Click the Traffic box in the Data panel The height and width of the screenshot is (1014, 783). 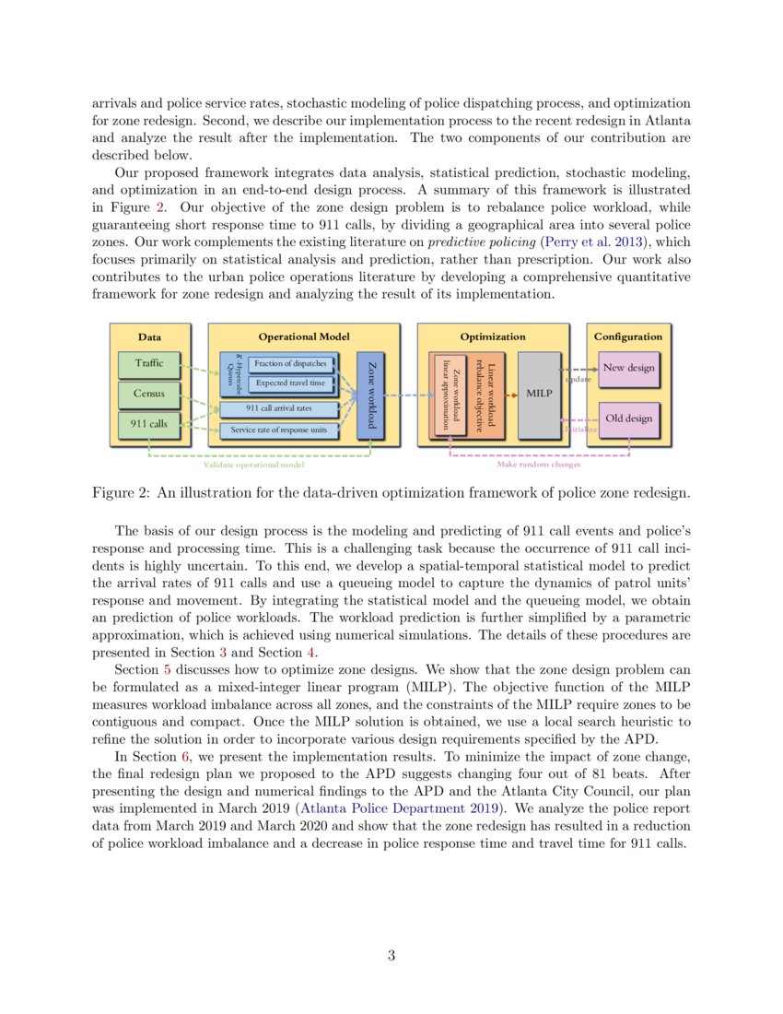point(149,363)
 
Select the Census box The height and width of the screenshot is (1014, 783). point(149,394)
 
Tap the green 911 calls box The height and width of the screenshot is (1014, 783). point(149,424)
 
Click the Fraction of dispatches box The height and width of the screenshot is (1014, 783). point(290,363)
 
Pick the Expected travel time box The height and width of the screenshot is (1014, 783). point(290,383)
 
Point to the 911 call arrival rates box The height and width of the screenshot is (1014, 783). point(278,408)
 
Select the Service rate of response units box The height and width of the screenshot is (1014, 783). point(278,430)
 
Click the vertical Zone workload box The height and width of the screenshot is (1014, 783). point(370,395)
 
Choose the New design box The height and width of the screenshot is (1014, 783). point(628,368)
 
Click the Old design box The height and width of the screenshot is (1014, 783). point(628,419)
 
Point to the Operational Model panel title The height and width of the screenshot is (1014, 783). point(303,337)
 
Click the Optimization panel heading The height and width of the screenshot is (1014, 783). point(493,337)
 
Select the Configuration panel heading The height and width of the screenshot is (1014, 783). point(627,337)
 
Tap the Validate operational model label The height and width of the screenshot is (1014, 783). point(253,465)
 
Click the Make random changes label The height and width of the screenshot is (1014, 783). point(539,465)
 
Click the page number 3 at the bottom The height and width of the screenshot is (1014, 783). point(391,956)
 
